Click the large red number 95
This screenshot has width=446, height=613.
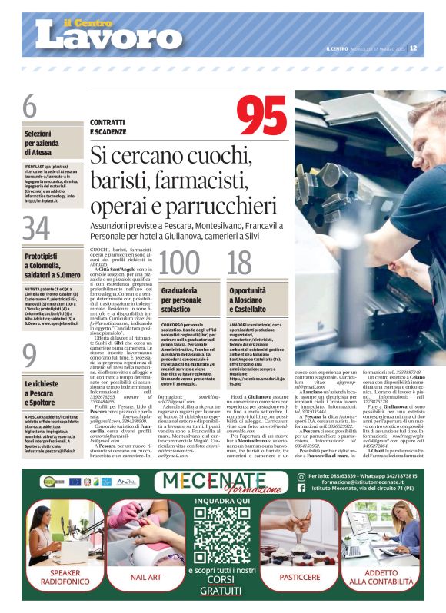(x=267, y=117)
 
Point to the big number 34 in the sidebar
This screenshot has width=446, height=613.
(x=35, y=228)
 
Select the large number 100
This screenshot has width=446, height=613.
(x=178, y=262)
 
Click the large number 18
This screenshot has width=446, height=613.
(x=240, y=262)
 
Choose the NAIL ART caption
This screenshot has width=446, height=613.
(x=146, y=576)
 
